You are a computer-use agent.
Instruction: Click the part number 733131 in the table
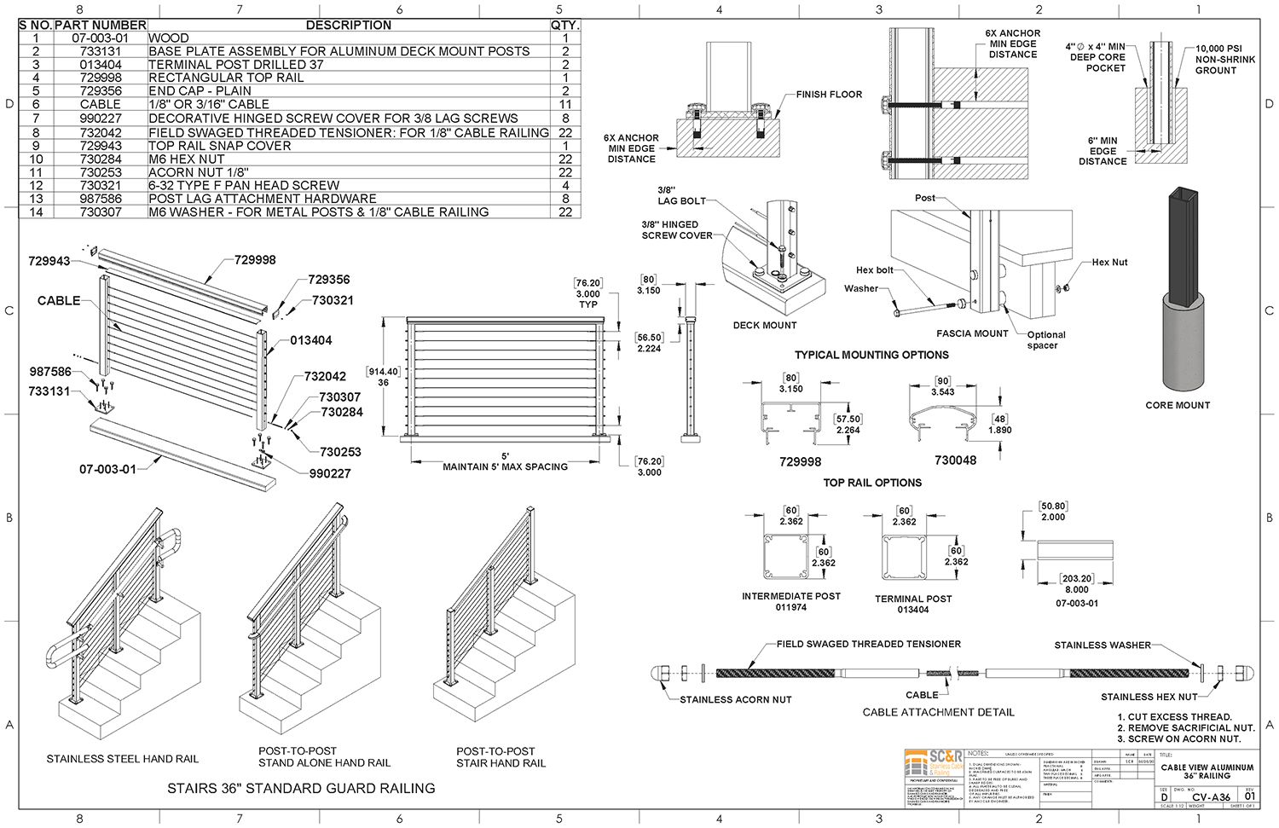[101, 51]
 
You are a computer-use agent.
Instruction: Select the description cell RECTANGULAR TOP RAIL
[226, 78]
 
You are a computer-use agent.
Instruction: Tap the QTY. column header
[564, 25]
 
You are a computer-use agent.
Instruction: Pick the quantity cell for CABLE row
[564, 104]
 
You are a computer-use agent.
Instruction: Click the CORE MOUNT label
[1178, 405]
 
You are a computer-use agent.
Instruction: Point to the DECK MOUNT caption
[765, 325]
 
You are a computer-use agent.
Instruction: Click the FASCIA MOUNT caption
[972, 333]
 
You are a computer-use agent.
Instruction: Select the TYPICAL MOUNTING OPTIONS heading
[871, 355]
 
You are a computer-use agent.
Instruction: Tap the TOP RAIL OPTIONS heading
[872, 483]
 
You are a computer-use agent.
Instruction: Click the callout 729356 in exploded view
[328, 280]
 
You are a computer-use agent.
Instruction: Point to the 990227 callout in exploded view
[330, 473]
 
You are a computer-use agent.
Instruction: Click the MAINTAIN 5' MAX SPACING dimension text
[505, 466]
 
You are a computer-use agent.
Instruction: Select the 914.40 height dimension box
[383, 372]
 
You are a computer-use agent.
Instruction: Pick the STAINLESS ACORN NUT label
[735, 699]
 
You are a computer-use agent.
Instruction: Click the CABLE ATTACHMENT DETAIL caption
[938, 712]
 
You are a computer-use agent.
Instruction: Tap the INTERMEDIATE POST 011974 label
[790, 601]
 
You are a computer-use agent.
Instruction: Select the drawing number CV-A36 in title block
[1211, 797]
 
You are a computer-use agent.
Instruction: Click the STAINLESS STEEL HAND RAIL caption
[123, 758]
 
